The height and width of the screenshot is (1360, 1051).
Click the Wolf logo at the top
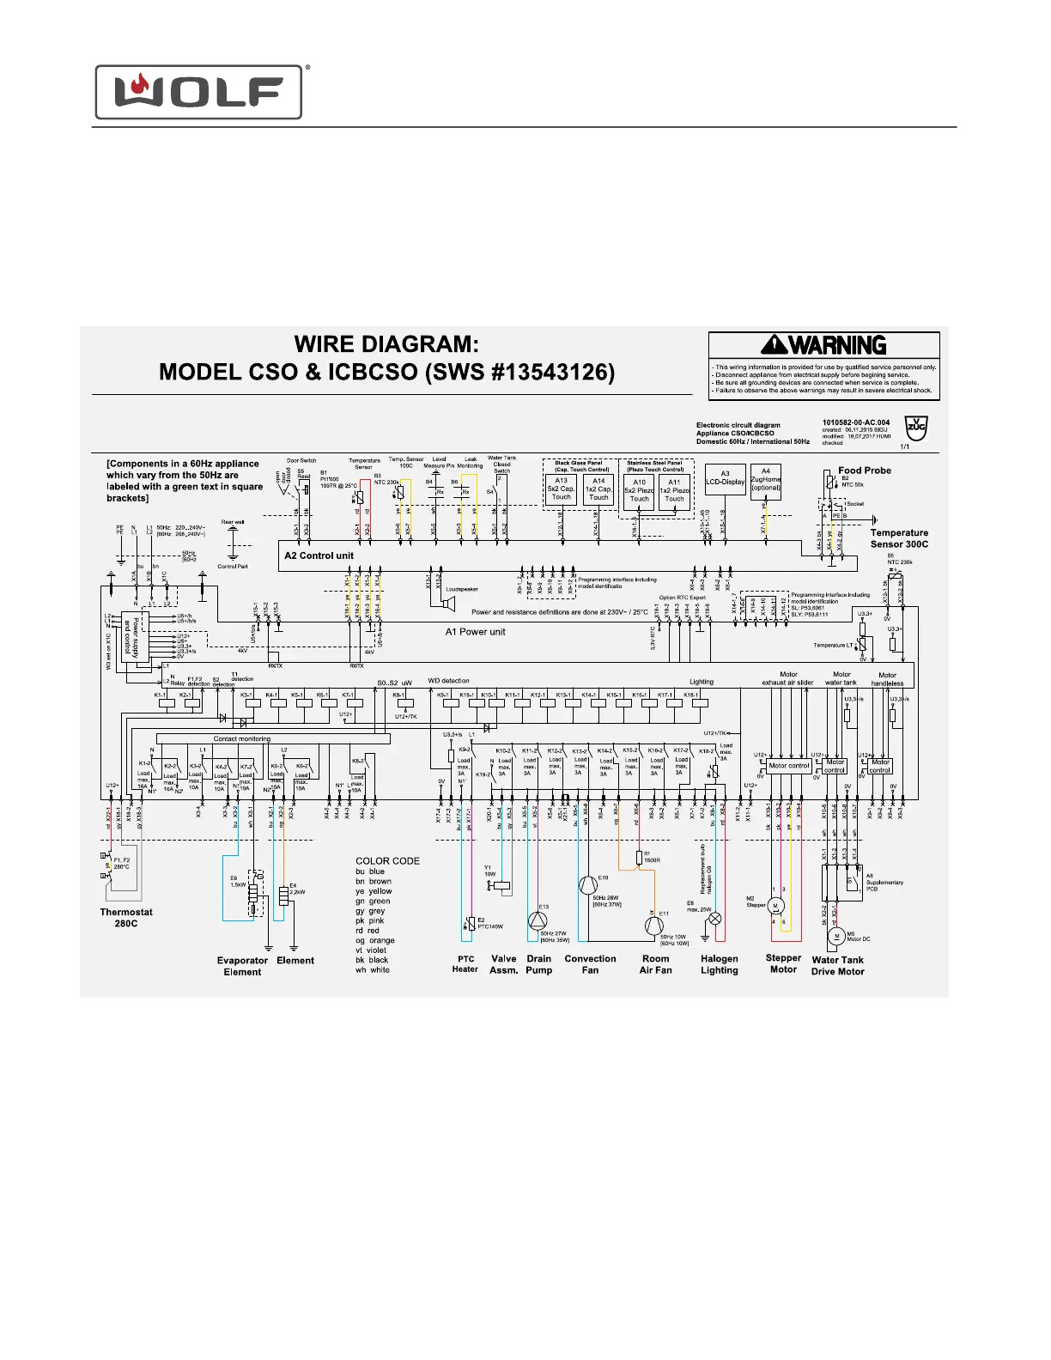tap(198, 92)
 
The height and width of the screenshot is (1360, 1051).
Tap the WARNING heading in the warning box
tap(824, 345)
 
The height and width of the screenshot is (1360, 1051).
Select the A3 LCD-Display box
tap(725, 478)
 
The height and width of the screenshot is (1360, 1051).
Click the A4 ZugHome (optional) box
tap(766, 479)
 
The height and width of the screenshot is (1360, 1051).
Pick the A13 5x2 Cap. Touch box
tap(561, 489)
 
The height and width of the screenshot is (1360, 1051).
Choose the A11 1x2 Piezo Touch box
tap(674, 490)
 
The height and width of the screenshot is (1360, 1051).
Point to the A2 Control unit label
tap(319, 556)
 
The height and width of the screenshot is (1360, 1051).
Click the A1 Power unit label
tap(475, 632)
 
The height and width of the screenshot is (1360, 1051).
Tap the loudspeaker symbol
tap(447, 604)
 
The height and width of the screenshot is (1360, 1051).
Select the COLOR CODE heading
tap(387, 860)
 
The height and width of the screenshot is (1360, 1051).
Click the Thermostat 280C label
tap(126, 918)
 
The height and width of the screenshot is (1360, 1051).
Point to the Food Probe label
tap(865, 471)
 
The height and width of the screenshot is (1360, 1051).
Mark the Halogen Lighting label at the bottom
tap(719, 964)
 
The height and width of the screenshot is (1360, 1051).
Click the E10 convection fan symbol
tap(586, 886)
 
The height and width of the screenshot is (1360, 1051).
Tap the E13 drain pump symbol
tap(537, 921)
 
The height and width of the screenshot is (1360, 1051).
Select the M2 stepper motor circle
tap(775, 906)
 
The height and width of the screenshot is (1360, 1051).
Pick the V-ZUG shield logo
tap(917, 428)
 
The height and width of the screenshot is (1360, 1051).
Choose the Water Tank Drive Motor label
tap(837, 966)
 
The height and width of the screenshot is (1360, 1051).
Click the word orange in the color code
tap(381, 940)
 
